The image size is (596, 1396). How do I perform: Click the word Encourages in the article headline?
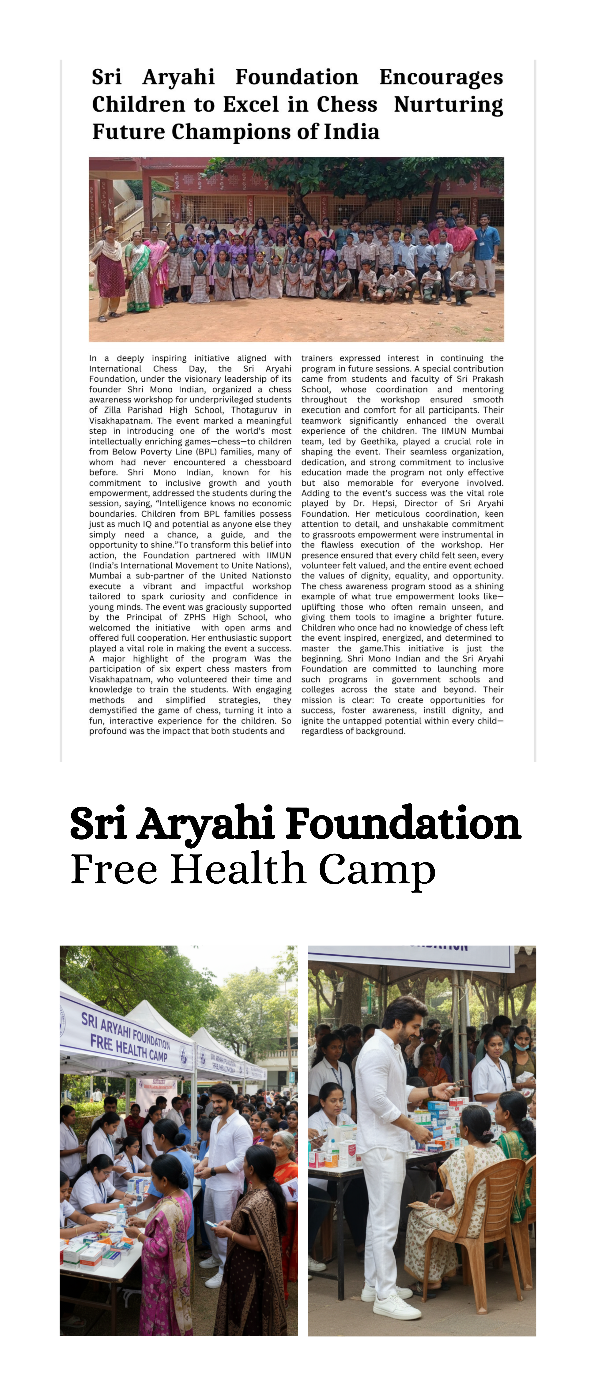click(441, 77)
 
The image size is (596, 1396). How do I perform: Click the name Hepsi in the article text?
click(383, 503)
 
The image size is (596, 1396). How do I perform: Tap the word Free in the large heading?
click(114, 869)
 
